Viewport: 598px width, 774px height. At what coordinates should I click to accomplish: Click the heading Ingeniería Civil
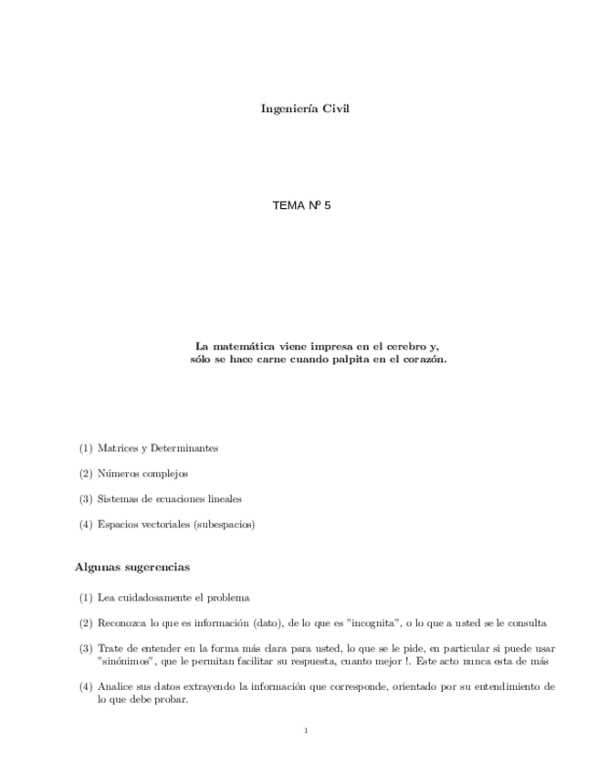306,109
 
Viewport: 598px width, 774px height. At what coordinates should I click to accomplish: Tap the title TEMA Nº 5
301,206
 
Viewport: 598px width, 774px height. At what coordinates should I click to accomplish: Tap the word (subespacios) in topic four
224,525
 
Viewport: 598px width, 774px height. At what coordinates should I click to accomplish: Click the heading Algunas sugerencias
131,568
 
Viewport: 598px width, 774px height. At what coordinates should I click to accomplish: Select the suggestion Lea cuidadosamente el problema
173,598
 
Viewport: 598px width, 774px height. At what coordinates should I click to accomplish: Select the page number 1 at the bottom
306,730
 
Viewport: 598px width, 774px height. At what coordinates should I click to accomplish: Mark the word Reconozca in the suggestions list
121,623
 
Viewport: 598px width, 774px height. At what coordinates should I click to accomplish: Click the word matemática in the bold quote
241,347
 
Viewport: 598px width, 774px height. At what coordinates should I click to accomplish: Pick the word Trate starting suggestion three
110,648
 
